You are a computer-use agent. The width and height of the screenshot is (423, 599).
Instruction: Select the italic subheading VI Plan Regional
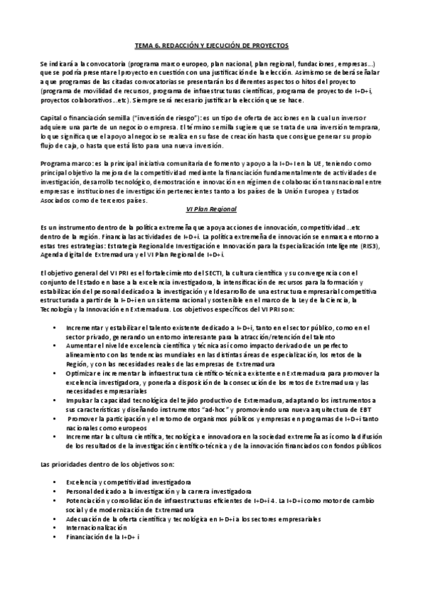click(x=210, y=209)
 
